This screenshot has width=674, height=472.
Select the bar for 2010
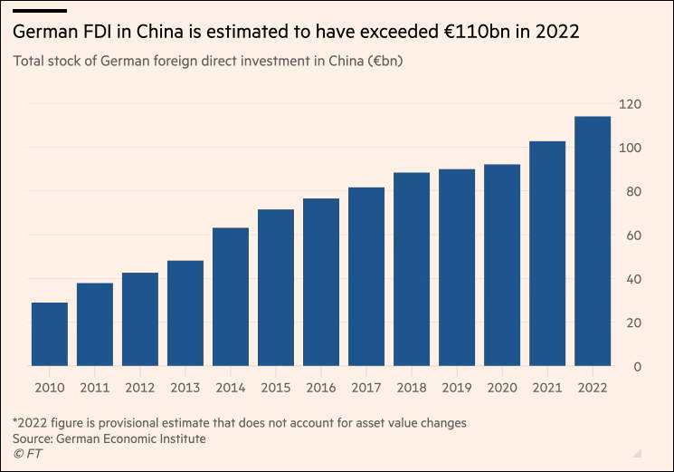pyautogui.click(x=50, y=334)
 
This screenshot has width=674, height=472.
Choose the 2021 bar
pyautogui.click(x=547, y=254)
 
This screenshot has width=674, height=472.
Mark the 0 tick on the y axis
pyautogui.click(x=637, y=367)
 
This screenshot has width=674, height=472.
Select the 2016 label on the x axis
pyautogui.click(x=321, y=387)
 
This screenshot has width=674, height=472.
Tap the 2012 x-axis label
pyautogui.click(x=140, y=387)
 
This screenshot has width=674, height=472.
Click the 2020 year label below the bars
pyautogui.click(x=502, y=387)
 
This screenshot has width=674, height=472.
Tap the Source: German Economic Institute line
pyautogui.click(x=109, y=438)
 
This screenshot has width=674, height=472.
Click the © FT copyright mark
pyautogui.click(x=26, y=454)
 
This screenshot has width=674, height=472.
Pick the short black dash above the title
pyautogui.click(x=40, y=10)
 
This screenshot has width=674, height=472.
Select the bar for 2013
pyautogui.click(x=185, y=313)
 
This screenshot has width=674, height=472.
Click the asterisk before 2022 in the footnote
pyautogui.click(x=15, y=421)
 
